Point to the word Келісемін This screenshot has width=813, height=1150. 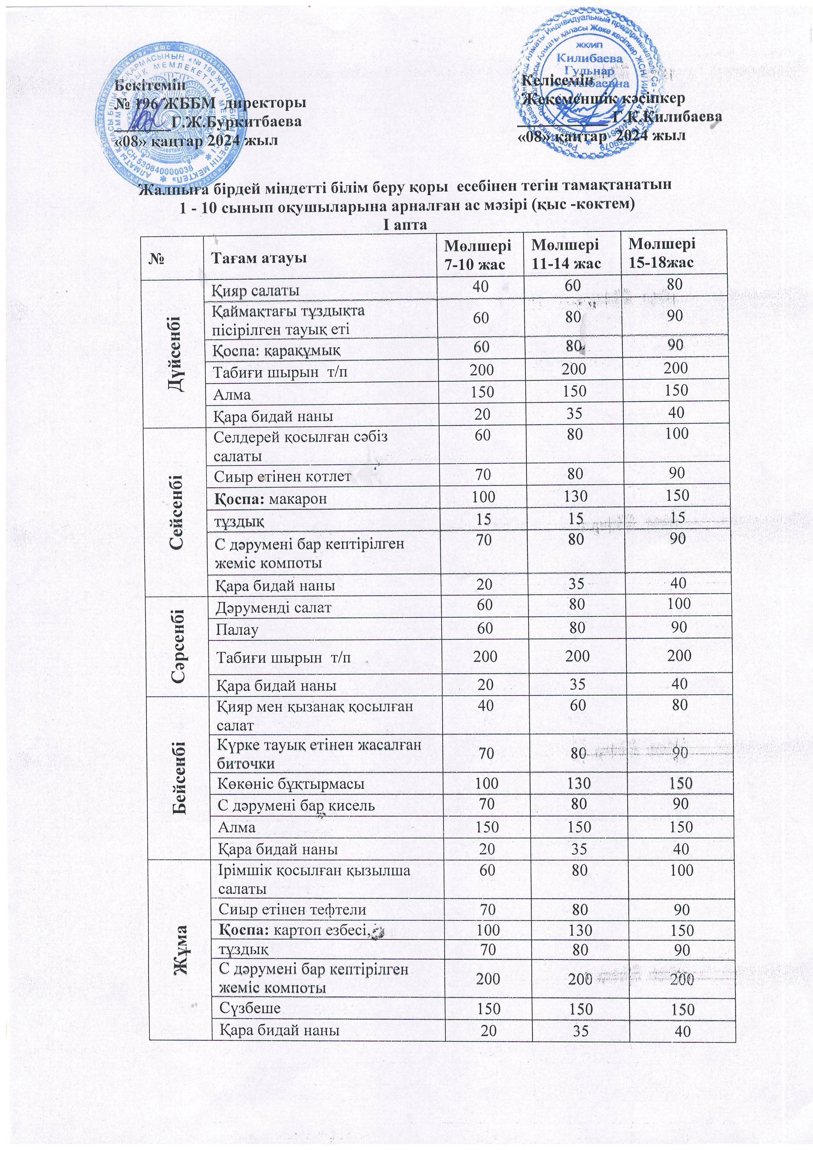[x=558, y=80]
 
